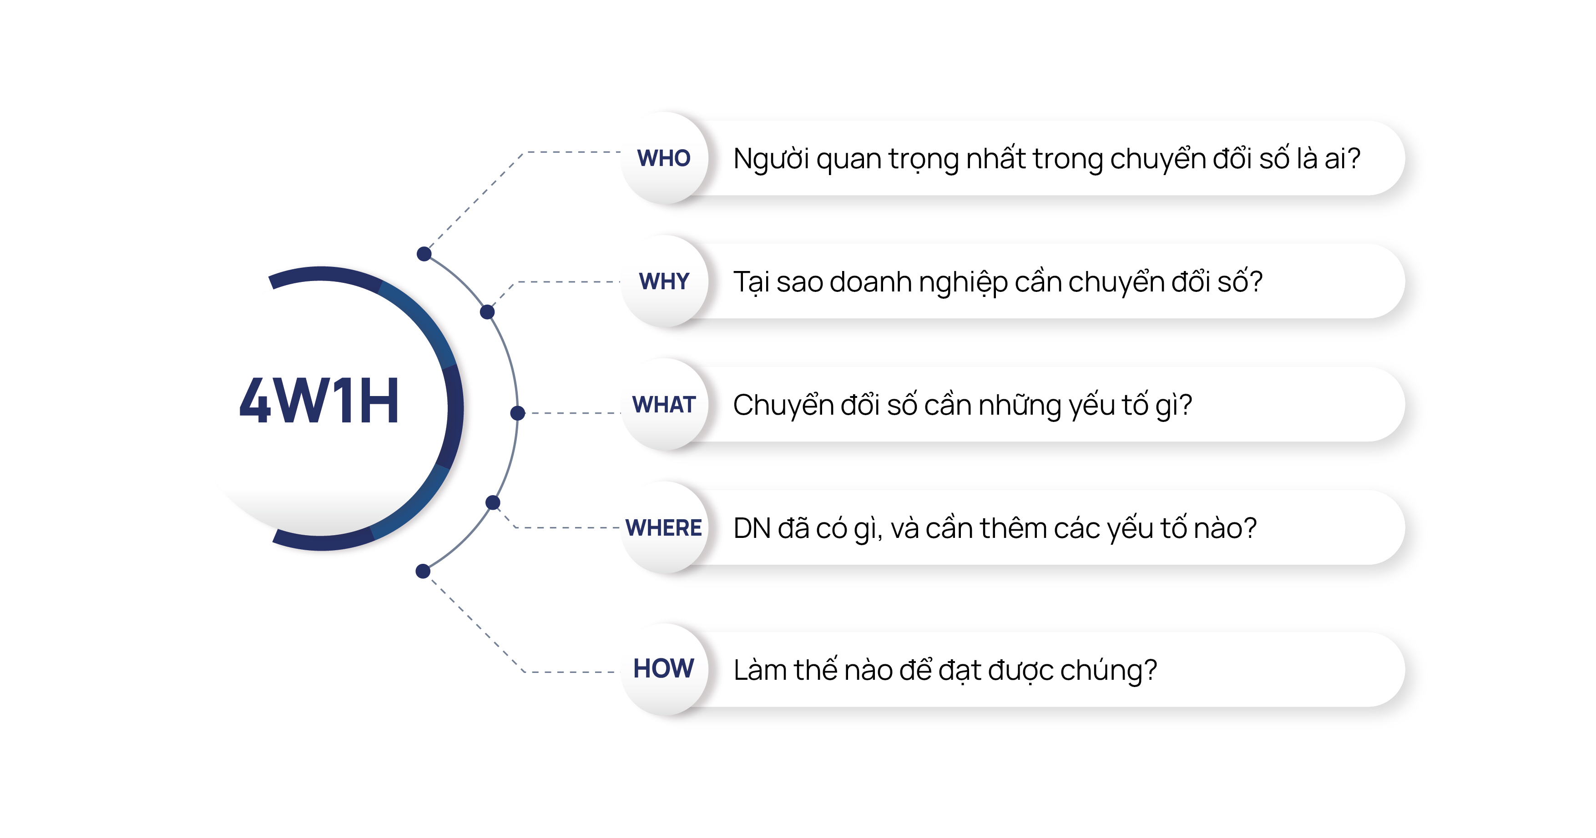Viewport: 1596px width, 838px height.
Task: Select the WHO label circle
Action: tap(664, 158)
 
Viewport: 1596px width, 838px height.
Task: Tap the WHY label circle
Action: tap(664, 281)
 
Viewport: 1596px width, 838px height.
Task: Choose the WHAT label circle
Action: tap(664, 404)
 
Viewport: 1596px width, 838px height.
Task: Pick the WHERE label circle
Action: tap(664, 528)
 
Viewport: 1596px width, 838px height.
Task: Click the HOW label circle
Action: tap(664, 669)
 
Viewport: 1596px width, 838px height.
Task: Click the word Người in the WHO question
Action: tap(771, 159)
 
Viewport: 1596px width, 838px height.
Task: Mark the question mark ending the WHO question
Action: tap(1353, 159)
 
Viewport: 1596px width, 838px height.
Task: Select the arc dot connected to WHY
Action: tap(488, 311)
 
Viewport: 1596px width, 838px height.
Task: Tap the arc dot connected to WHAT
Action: tap(518, 412)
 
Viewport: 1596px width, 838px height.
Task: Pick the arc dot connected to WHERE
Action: tap(493, 502)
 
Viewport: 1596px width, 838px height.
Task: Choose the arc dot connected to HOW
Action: tap(423, 571)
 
